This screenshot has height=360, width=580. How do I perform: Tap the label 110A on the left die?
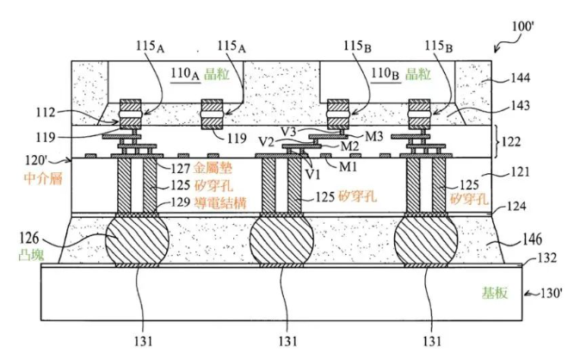185,73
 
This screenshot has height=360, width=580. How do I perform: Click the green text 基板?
495,293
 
